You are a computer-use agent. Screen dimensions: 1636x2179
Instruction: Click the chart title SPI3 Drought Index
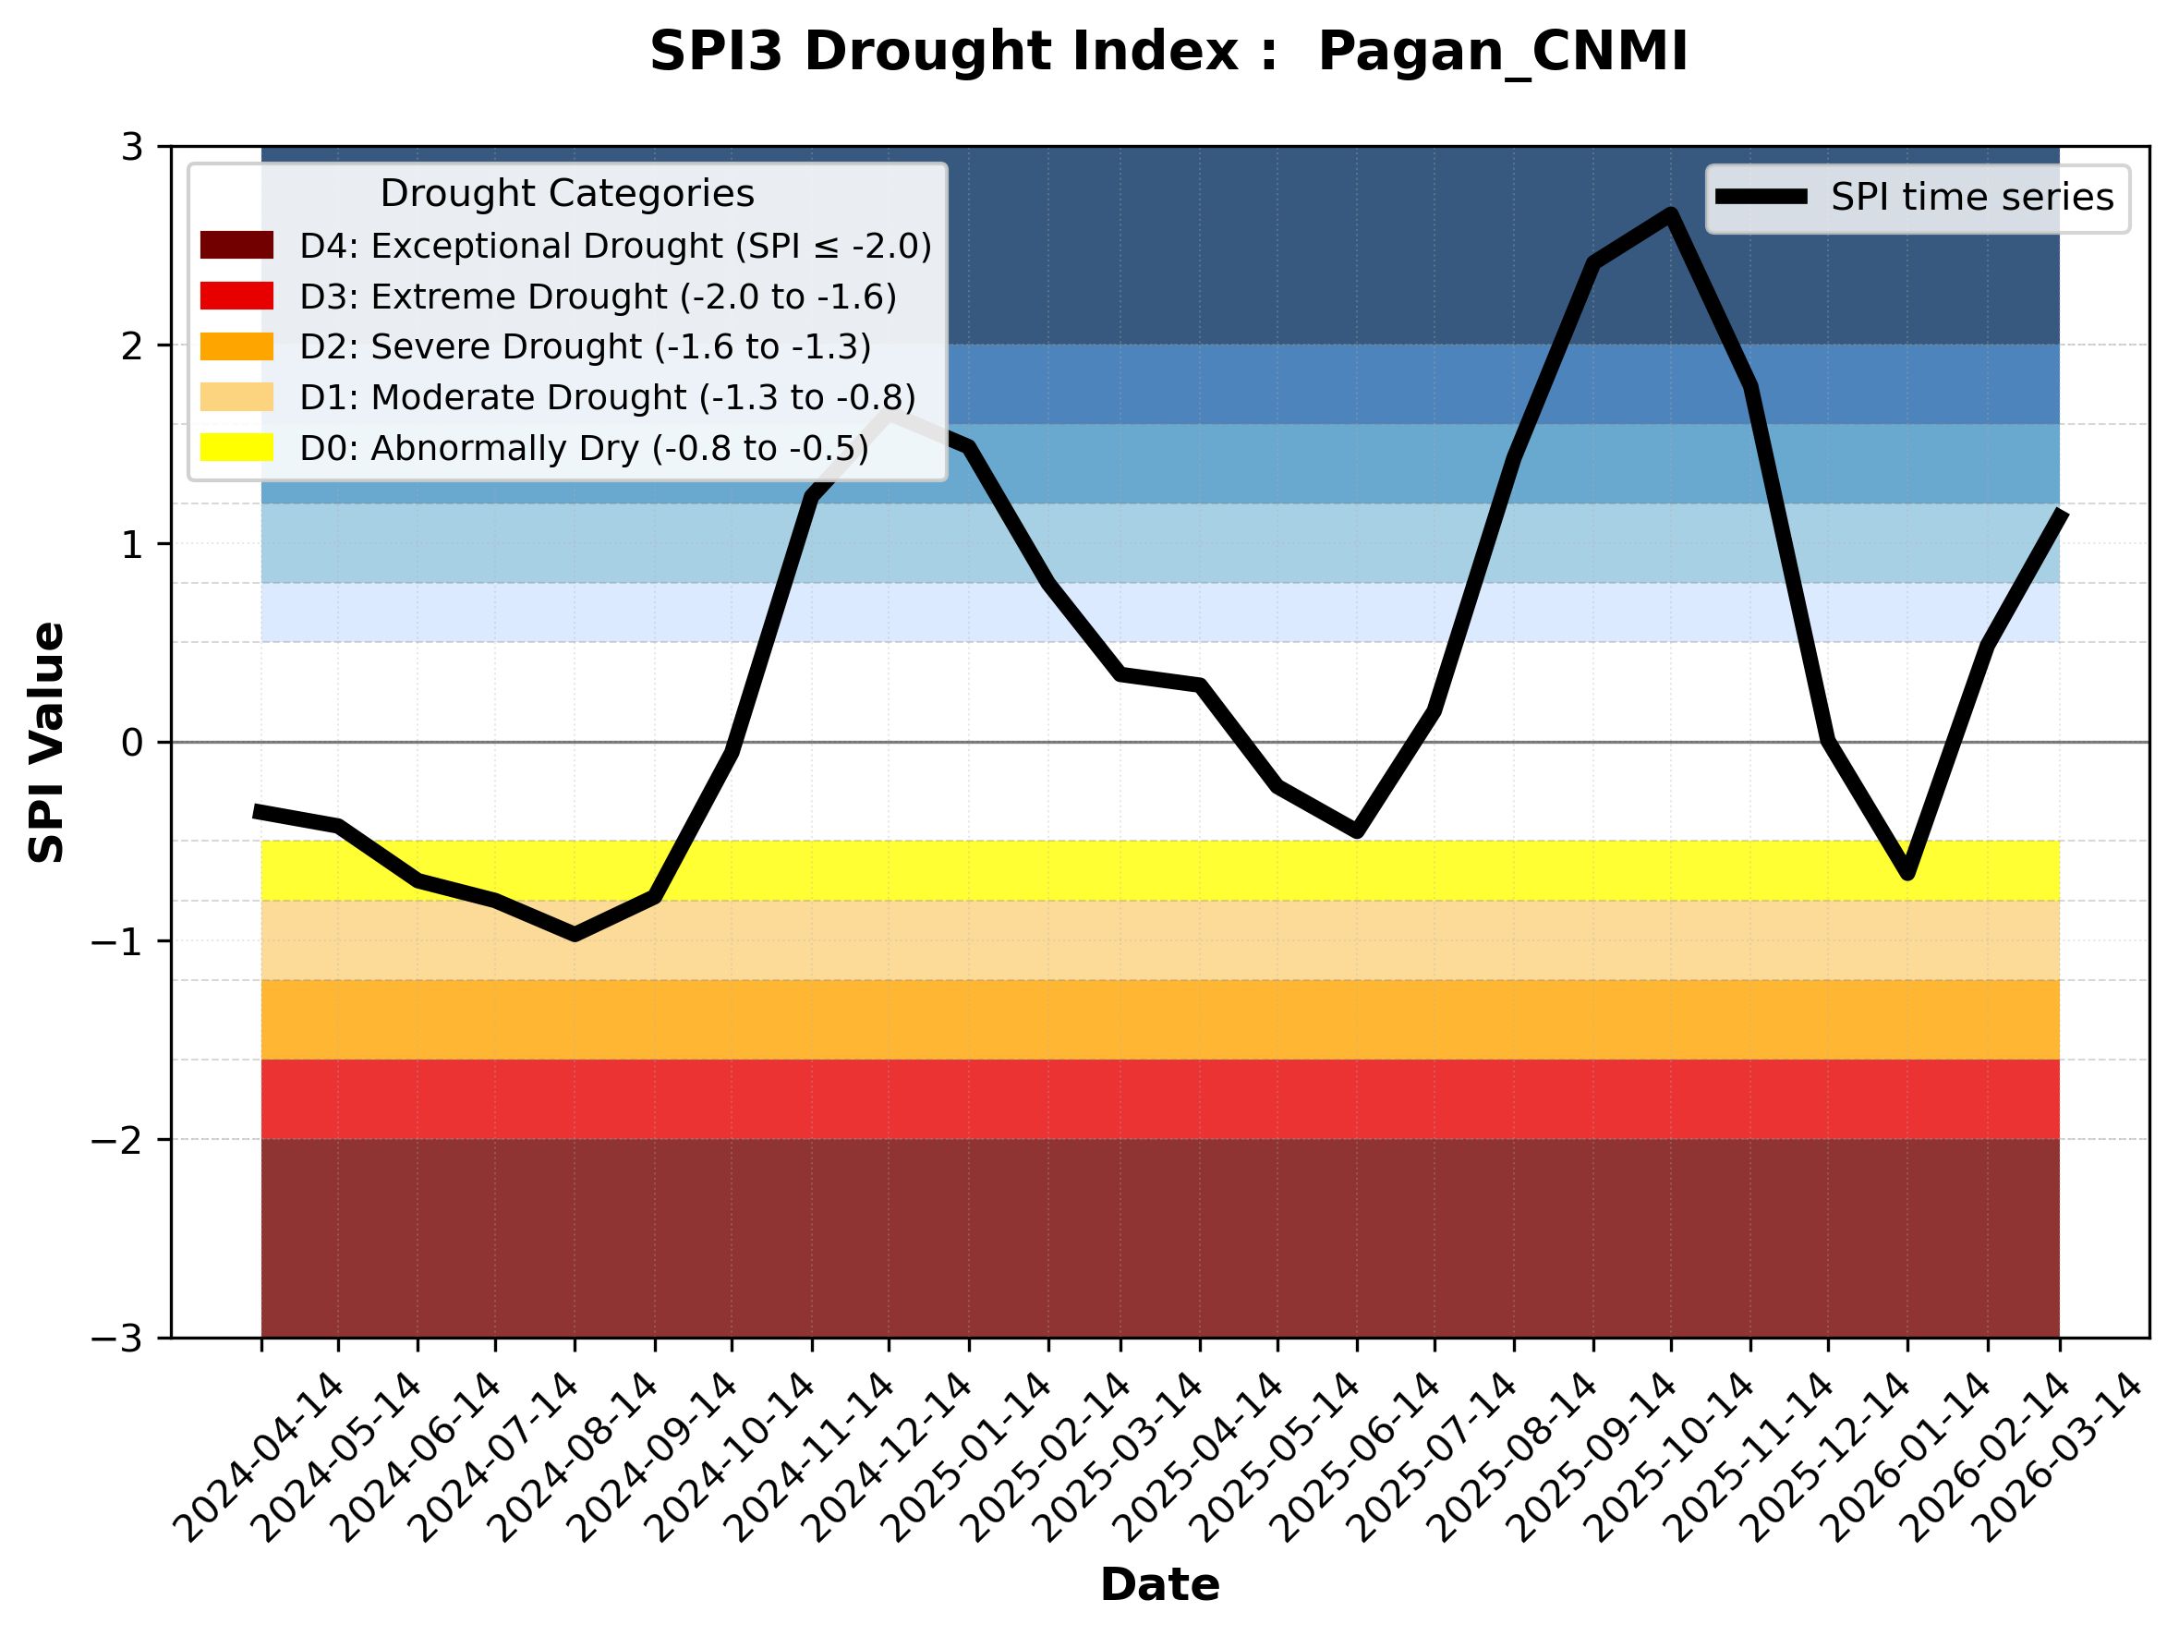(1168, 51)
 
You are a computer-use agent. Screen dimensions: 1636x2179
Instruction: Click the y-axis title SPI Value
(46, 742)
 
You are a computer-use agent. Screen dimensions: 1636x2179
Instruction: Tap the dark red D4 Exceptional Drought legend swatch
(236, 245)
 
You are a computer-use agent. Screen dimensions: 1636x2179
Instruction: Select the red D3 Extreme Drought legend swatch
(236, 296)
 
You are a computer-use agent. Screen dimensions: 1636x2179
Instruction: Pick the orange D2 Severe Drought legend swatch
(236, 346)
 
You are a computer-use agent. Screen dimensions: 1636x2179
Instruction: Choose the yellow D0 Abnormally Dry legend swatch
(236, 447)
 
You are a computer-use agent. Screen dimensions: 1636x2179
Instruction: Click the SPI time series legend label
(1972, 198)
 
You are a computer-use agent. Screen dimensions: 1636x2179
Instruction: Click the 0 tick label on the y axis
(133, 743)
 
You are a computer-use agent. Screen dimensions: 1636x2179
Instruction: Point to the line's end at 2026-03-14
(2059, 515)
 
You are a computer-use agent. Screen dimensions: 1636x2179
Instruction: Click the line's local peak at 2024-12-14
(890, 416)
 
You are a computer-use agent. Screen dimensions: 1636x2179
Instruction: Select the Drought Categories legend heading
(566, 194)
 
